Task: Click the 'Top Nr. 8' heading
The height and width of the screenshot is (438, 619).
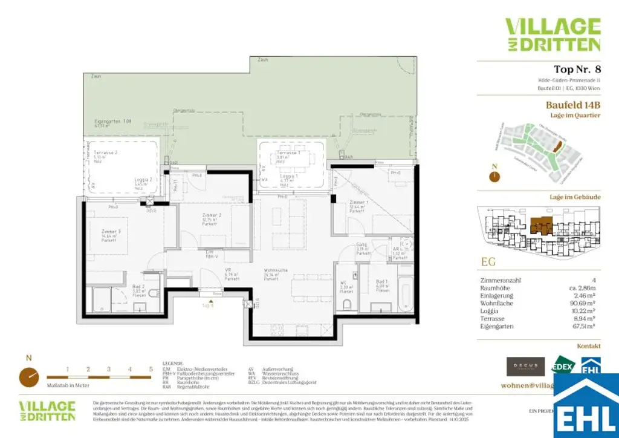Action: coord(577,69)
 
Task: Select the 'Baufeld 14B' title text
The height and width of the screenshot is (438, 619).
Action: coord(572,104)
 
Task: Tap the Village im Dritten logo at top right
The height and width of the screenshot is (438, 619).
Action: coord(553,34)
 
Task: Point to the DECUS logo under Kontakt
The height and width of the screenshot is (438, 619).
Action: coord(521,366)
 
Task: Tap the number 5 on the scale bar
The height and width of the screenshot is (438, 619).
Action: coord(151,368)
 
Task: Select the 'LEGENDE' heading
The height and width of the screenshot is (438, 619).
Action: coord(172,364)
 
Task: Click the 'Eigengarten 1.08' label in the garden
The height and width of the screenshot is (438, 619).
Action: coord(112,122)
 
